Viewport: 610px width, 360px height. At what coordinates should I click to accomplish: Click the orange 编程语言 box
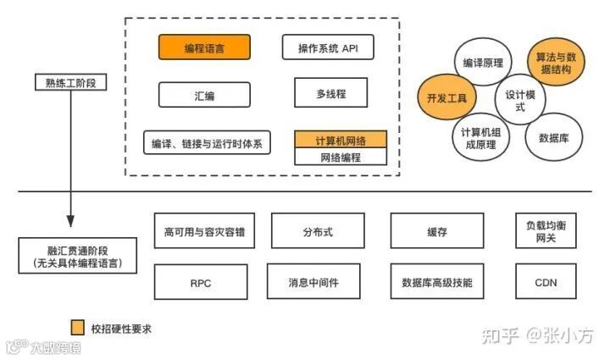204,47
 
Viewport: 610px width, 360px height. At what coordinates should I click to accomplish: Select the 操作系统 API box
327,47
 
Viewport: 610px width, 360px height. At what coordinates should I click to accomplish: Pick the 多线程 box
331,93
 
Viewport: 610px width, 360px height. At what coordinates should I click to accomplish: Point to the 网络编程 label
340,157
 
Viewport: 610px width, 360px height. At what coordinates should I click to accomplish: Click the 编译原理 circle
483,64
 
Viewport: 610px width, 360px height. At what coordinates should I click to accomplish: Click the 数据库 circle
553,136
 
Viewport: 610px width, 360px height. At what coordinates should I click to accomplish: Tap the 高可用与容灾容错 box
204,230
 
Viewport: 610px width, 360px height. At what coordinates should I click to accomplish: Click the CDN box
546,282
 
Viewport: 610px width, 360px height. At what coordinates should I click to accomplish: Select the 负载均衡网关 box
546,230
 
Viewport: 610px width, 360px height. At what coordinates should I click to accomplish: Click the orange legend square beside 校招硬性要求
78,327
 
